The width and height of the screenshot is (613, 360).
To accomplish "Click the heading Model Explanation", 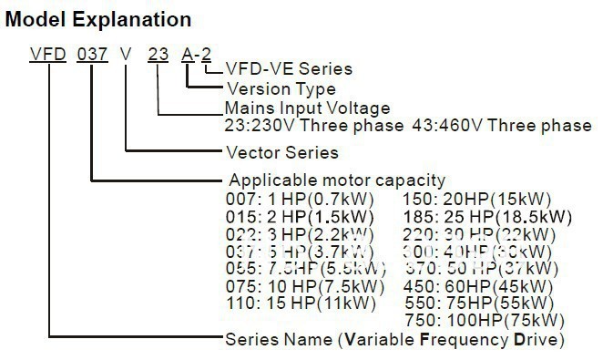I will tap(98, 18).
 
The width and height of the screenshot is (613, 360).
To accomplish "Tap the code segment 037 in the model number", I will tap(92, 55).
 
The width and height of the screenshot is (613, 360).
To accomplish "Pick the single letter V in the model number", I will tap(126, 55).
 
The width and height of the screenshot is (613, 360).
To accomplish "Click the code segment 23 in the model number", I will tap(158, 55).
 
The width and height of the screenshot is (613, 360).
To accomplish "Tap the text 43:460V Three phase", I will tap(496, 126).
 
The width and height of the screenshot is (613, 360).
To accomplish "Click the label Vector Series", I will tap(281, 152).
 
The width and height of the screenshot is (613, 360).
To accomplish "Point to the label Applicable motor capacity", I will tap(337, 180).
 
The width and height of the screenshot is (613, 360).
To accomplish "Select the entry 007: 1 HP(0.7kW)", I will tap(299, 199).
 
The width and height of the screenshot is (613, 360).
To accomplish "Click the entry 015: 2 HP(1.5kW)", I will tap(301, 216).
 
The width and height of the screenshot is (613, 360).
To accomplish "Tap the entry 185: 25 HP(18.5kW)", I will tap(486, 216).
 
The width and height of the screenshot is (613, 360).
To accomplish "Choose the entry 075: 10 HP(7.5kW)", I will tap(303, 284).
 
